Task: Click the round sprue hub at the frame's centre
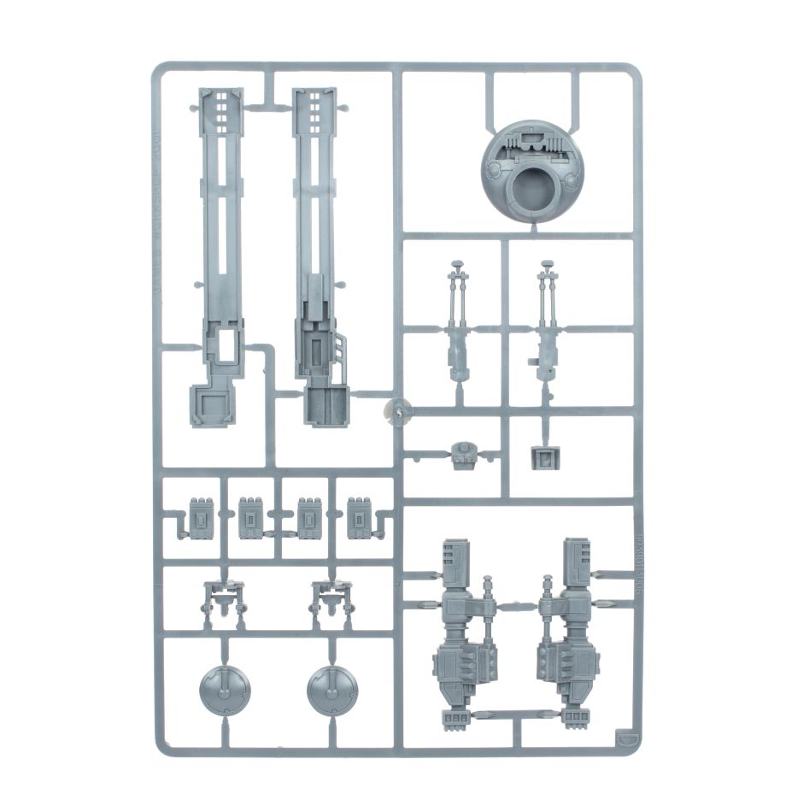[396, 411]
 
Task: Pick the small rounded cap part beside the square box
[463, 455]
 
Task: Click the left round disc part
[225, 689]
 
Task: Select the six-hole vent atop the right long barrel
[314, 107]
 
